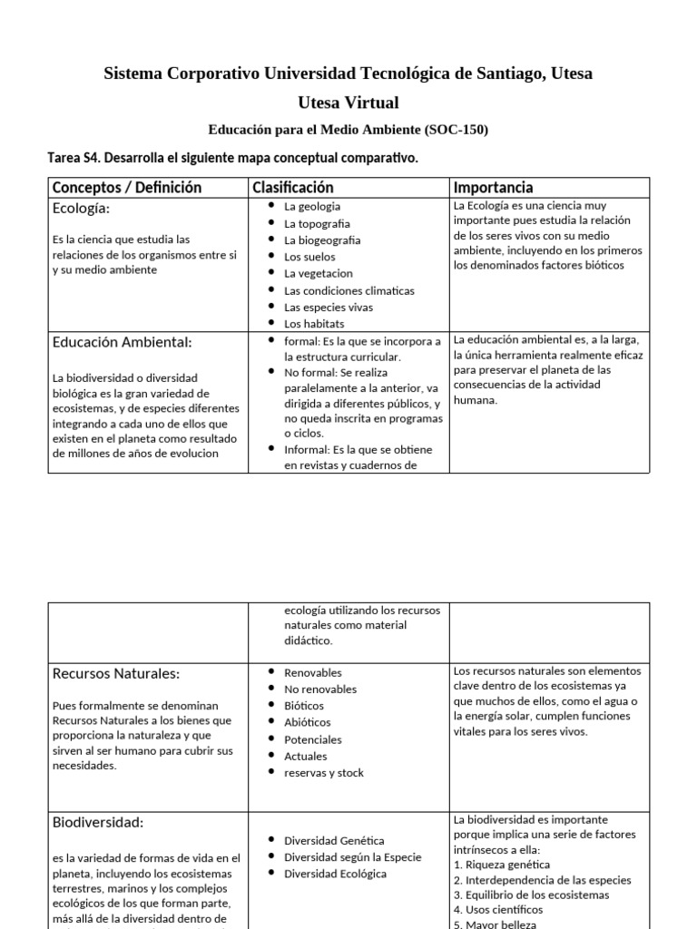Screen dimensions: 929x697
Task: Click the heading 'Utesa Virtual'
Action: pyautogui.click(x=348, y=103)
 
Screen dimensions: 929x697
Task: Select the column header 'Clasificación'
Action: pyautogui.click(x=292, y=188)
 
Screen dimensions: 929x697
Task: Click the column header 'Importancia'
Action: pyautogui.click(x=493, y=188)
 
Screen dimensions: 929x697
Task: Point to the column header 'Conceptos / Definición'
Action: pyautogui.click(x=127, y=188)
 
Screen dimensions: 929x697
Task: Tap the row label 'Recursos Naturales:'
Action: pyautogui.click(x=115, y=673)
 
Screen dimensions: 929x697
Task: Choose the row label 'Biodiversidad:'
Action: pyautogui.click(x=98, y=822)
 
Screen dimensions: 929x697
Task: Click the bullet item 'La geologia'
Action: pyautogui.click(x=312, y=207)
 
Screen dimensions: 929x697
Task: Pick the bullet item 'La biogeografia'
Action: pyautogui.click(x=321, y=240)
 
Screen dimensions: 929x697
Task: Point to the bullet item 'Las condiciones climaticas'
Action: pyautogui.click(x=348, y=290)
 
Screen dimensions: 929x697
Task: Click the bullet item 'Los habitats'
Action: pyautogui.click(x=314, y=324)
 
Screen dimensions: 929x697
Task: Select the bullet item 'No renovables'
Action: pyautogui.click(x=319, y=689)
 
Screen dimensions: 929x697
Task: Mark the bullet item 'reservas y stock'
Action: pyautogui.click(x=323, y=772)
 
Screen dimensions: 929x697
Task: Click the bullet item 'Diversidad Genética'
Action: pyautogui.click(x=334, y=840)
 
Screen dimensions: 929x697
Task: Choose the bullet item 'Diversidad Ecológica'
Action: pyautogui.click(x=335, y=874)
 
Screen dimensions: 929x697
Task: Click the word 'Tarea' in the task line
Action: pyautogui.click(x=64, y=158)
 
